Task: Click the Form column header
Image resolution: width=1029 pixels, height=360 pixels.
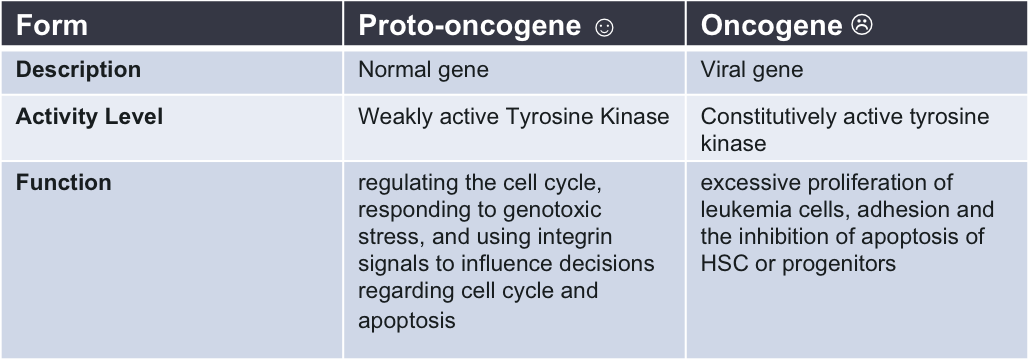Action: click(52, 26)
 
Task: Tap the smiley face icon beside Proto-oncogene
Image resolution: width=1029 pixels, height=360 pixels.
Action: click(604, 27)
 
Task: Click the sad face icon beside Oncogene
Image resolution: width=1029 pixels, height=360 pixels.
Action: click(862, 26)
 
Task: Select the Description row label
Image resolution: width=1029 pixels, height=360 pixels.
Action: click(78, 70)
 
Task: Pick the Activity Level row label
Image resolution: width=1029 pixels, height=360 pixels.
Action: click(89, 117)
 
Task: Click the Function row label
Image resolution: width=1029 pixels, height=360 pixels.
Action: click(64, 182)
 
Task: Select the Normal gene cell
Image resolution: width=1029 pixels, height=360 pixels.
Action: click(423, 70)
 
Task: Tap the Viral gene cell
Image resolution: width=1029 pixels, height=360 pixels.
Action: click(752, 70)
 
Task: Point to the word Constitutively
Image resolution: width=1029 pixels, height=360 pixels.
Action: click(761, 117)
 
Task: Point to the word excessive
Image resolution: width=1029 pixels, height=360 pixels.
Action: click(745, 182)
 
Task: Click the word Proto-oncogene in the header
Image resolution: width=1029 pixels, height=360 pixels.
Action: click(469, 26)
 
